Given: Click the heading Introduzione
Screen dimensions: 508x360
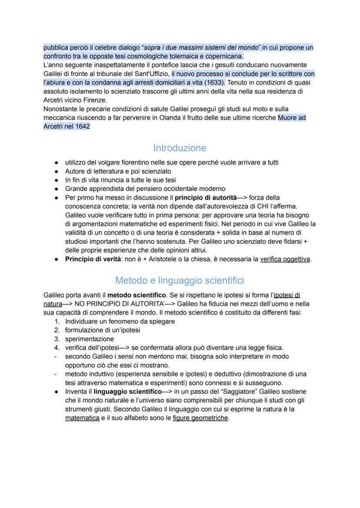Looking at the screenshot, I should coord(180,148).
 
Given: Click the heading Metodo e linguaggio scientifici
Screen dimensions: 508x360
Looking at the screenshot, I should coord(180,280).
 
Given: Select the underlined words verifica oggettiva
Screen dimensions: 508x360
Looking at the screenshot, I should coord(285,259).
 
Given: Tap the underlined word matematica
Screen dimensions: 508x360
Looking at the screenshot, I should coord(82,418).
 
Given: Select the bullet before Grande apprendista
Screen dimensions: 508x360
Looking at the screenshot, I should coord(57,189).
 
